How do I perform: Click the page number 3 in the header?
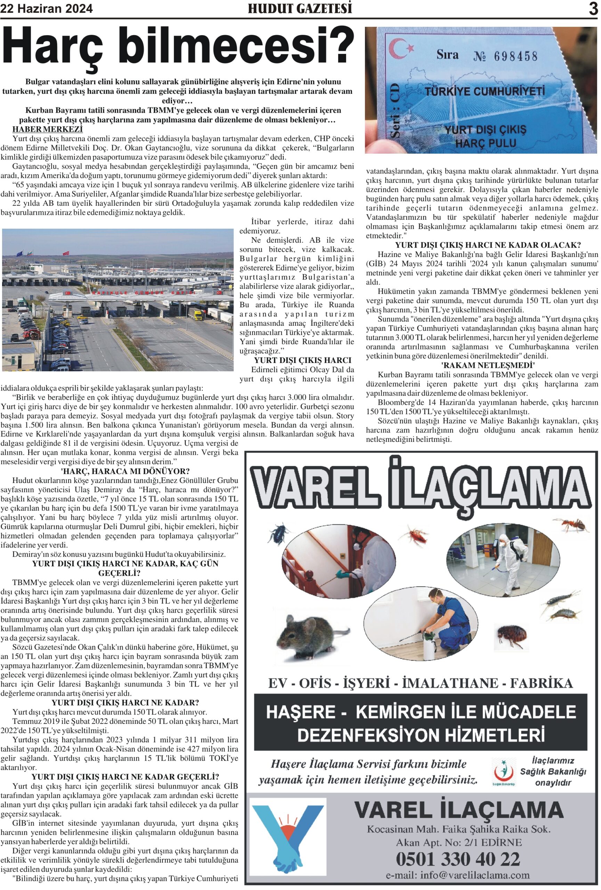tap(593, 8)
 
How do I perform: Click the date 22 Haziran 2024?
tap(46, 9)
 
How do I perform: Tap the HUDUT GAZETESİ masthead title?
tap(300, 8)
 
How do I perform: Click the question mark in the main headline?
tap(339, 46)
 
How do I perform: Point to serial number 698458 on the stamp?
tap(515, 57)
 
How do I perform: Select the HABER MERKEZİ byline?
tap(48, 129)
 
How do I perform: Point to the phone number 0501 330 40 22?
tap(458, 859)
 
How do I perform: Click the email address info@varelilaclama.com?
tap(458, 875)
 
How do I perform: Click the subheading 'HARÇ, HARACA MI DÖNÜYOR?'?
tap(125, 471)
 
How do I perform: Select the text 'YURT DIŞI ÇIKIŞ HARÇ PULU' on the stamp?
tap(485, 137)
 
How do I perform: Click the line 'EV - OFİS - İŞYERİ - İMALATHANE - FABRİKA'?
tap(420, 683)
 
